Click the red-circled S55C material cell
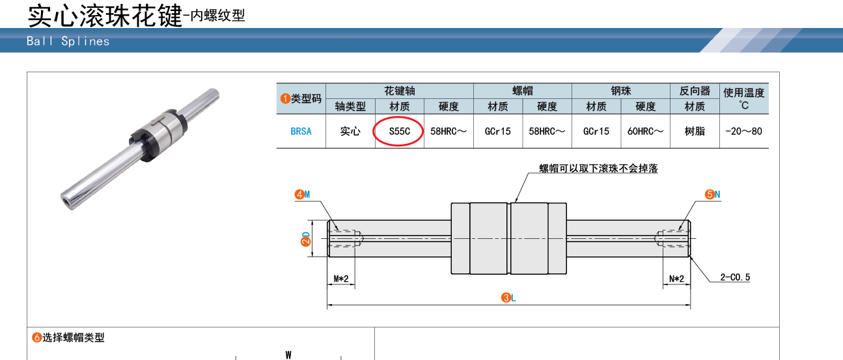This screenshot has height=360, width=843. coord(399,132)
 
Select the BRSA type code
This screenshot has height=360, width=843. coord(301,132)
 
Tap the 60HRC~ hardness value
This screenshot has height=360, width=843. coord(645,132)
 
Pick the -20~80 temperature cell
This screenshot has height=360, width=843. coord(743,132)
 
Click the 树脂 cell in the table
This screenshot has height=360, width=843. coord(695,132)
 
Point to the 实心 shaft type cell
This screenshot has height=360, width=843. coord(350,132)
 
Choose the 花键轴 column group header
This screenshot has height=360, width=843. coord(399,90)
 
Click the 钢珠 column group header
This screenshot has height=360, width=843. coord(620,90)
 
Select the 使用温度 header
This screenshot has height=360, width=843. coord(743,92)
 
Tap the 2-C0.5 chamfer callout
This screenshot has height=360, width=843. coord(735,277)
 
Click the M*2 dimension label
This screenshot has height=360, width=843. coord(341,279)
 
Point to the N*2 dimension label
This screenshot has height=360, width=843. coord(676,279)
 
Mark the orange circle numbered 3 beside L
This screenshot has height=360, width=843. coord(506,298)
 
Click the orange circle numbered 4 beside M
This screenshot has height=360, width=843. coord(299,195)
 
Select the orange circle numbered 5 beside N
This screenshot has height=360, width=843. coord(710,195)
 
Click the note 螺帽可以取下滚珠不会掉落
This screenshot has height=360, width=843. coord(598,168)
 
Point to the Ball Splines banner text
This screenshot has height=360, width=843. coord(68,41)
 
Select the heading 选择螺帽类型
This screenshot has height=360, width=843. coord(73,337)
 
